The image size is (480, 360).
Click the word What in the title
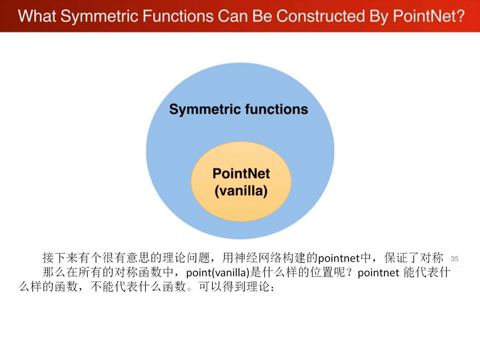coord(37,16)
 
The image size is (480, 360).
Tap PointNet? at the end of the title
coord(428,16)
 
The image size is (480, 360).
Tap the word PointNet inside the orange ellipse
coord(241,173)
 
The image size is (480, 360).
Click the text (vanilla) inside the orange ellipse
coord(241,191)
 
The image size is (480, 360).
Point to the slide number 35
coord(454,258)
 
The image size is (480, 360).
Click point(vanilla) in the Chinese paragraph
coord(217,272)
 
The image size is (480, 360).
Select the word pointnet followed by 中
coord(338,258)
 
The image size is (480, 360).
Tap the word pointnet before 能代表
coord(378,272)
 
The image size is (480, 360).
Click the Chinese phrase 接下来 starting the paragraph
coord(60,258)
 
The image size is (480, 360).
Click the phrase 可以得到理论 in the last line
coord(234,286)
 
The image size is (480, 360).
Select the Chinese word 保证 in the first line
coord(396,258)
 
